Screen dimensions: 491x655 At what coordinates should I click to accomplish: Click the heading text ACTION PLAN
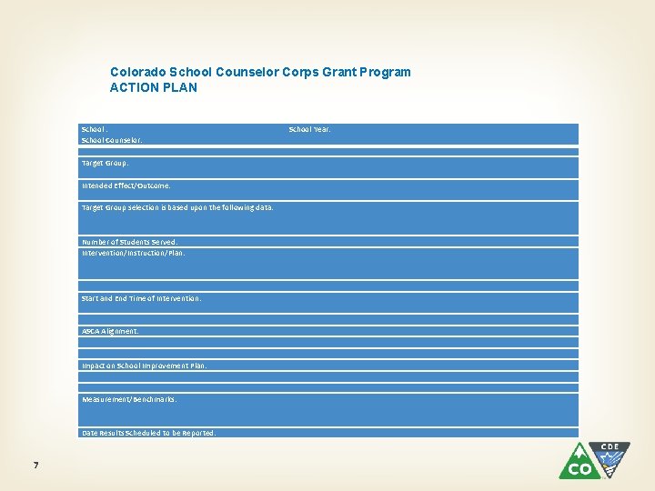click(153, 87)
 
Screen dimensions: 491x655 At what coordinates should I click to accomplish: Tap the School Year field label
click(309, 130)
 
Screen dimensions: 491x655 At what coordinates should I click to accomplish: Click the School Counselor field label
click(112, 141)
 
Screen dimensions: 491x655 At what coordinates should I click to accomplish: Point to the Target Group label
click(105, 164)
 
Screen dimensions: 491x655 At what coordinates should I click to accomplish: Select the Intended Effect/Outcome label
click(126, 185)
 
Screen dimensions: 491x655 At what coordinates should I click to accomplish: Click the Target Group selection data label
click(177, 208)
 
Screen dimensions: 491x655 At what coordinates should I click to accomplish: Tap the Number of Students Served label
click(129, 243)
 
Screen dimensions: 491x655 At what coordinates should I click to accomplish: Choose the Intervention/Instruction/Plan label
click(133, 254)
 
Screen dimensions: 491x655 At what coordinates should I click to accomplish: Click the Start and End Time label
click(141, 298)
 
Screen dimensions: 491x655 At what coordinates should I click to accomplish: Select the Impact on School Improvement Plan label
click(144, 366)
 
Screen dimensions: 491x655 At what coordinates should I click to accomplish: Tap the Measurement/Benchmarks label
click(129, 399)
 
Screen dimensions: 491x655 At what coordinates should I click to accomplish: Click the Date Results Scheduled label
click(148, 434)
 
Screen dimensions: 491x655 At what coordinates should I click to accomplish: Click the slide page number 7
click(35, 466)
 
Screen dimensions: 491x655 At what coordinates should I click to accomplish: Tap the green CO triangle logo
click(579, 462)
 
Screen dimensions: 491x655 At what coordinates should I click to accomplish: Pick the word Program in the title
click(387, 72)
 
